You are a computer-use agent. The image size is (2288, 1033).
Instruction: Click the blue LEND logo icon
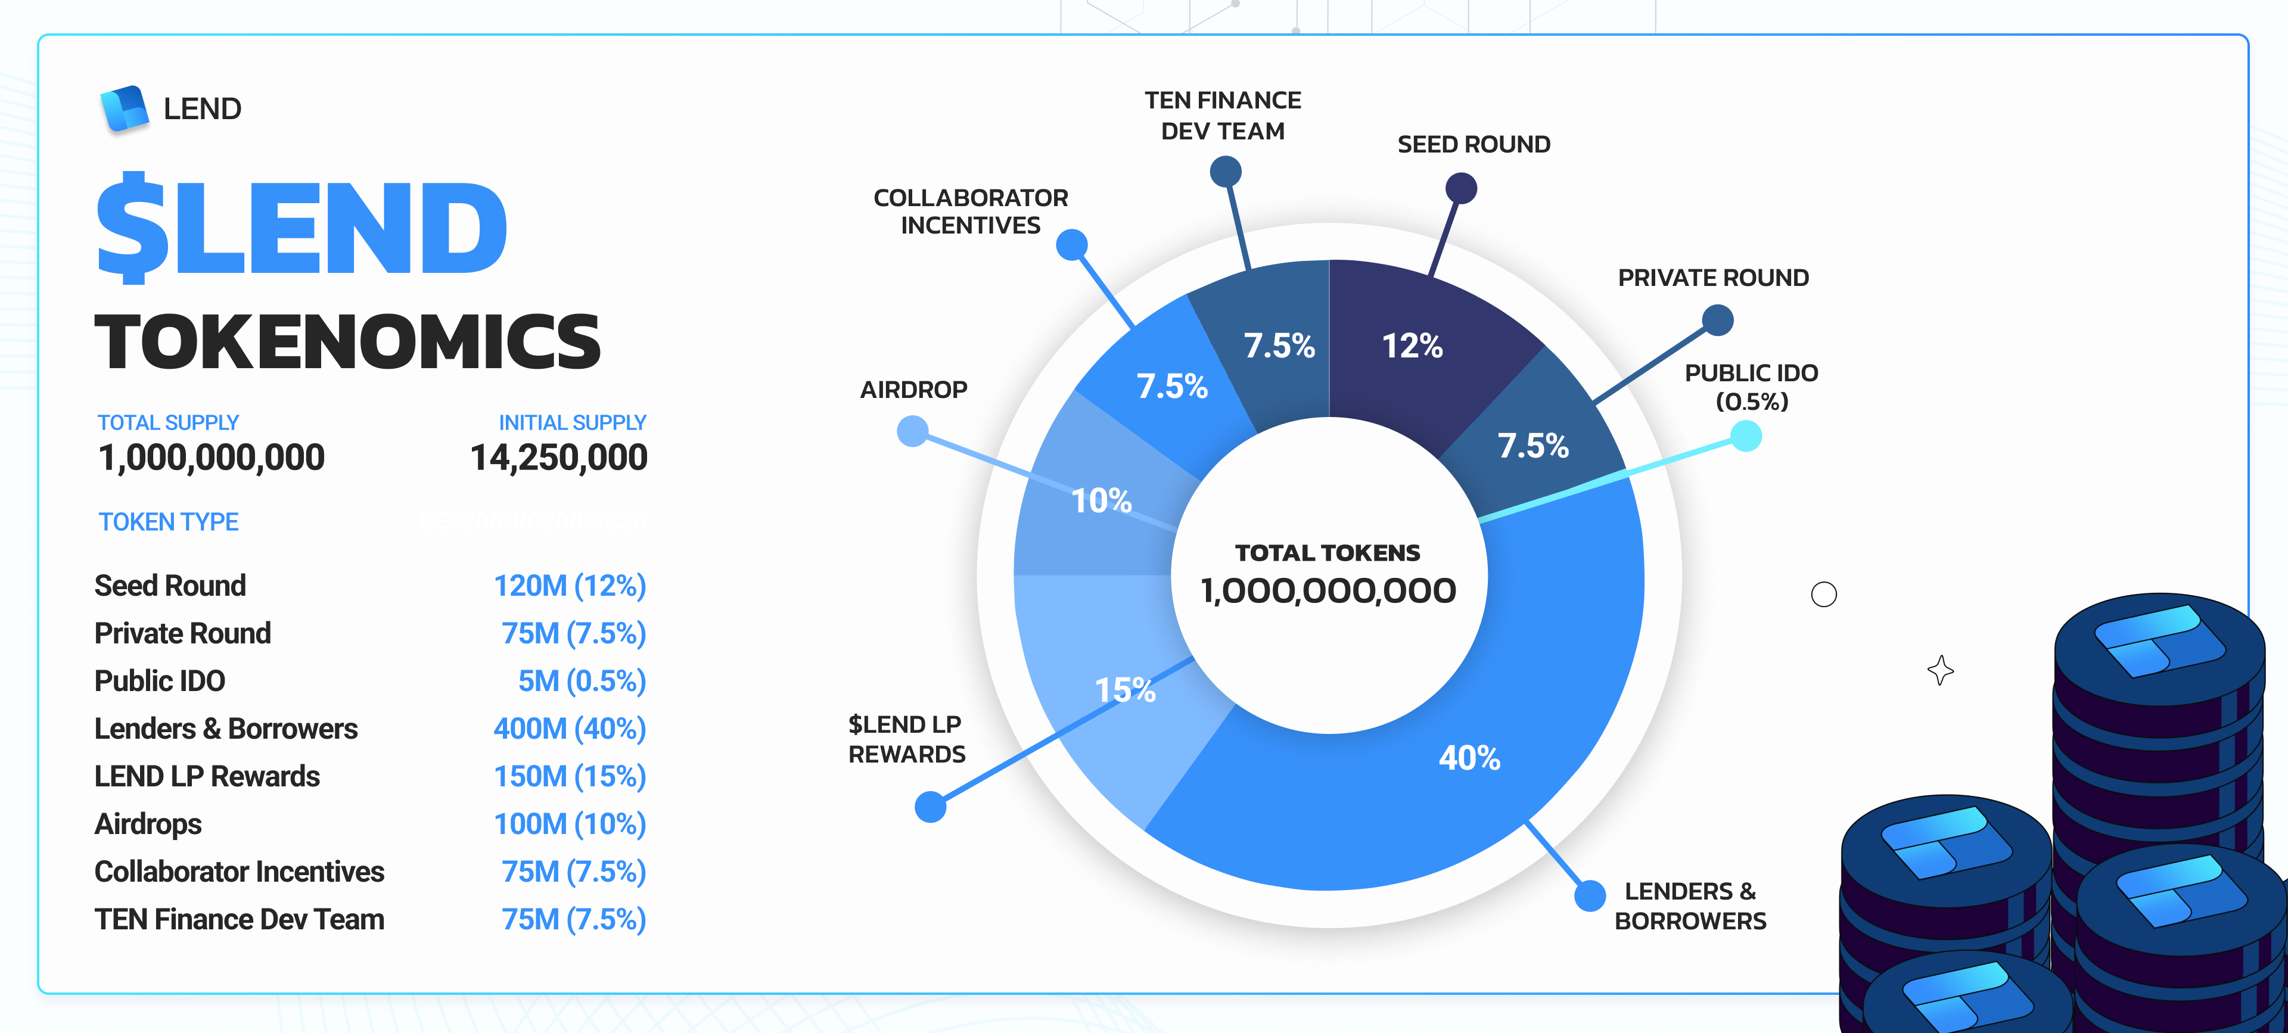(x=125, y=109)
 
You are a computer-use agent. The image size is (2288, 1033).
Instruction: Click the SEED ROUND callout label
(x=1473, y=145)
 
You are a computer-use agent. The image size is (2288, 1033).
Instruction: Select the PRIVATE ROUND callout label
(x=1712, y=278)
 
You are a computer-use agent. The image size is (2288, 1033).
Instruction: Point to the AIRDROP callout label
(x=913, y=390)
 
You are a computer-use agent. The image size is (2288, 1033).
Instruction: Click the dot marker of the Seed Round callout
(x=1461, y=188)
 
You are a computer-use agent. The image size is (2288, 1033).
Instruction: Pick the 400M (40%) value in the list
(x=570, y=729)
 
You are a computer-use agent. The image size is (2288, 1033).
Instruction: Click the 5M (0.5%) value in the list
(x=582, y=682)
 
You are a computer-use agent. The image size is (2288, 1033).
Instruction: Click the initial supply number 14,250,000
(x=559, y=458)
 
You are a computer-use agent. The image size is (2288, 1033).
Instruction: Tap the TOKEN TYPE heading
(x=169, y=522)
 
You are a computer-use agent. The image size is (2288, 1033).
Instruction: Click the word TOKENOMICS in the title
(x=347, y=342)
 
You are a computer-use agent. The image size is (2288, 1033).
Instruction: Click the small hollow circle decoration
(x=1823, y=594)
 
